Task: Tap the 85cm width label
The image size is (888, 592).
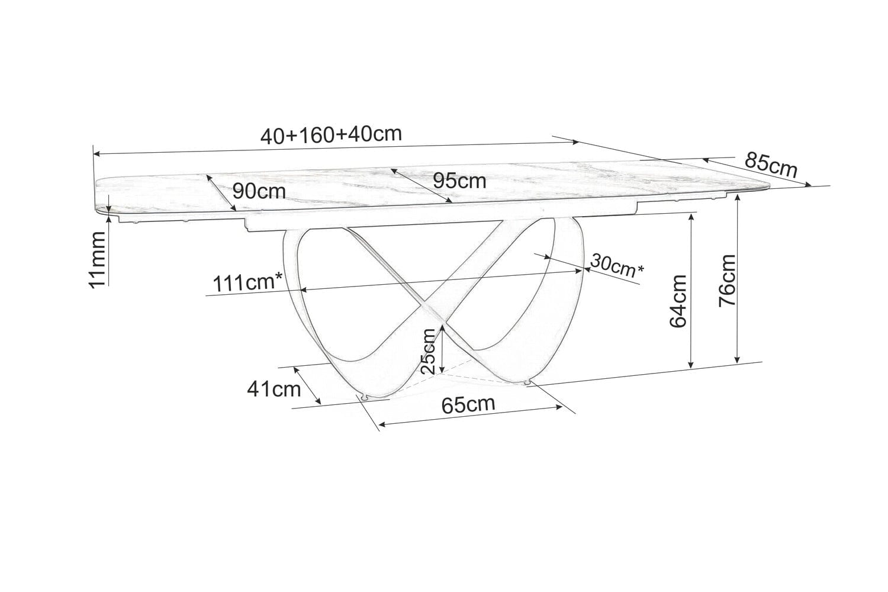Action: click(x=771, y=165)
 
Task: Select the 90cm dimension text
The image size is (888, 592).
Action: click(x=259, y=191)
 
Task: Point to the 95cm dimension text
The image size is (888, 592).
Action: click(x=459, y=181)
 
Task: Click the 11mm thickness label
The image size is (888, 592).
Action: click(x=97, y=258)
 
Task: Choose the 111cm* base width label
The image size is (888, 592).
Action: click(x=252, y=282)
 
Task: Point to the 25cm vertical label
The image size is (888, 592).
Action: click(x=429, y=350)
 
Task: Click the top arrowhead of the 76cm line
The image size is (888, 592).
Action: click(x=737, y=197)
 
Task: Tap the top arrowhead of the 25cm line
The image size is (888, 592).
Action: click(x=443, y=325)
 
